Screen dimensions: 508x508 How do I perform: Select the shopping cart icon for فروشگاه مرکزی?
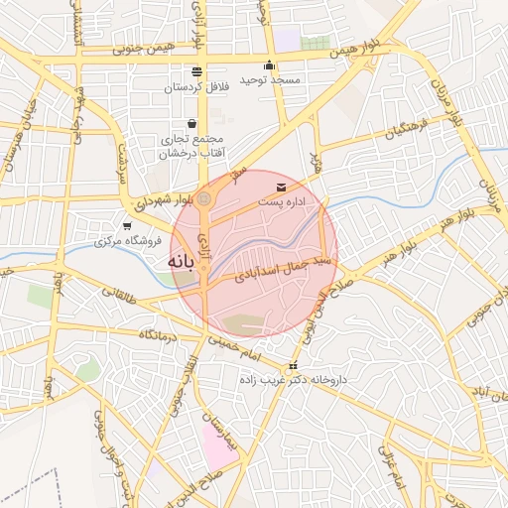(x=126, y=226)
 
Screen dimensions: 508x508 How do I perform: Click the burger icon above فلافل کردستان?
(x=195, y=71)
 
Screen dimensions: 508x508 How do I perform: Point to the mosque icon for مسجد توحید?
(x=270, y=64)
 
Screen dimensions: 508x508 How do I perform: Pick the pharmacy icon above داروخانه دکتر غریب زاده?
(x=293, y=365)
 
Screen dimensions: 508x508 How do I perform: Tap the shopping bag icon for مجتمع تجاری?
(x=190, y=124)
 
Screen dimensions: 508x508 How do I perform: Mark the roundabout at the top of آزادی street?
(x=203, y=200)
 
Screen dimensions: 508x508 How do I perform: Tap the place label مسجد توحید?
(x=290, y=78)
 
